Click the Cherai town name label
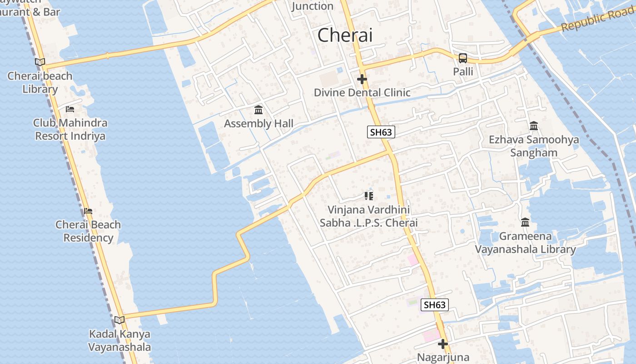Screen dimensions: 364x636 click(x=345, y=35)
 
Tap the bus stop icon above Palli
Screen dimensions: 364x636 click(x=462, y=58)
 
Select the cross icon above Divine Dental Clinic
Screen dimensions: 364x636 click(x=362, y=79)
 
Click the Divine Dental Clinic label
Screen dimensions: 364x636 click(x=362, y=92)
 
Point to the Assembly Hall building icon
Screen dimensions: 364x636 click(x=258, y=110)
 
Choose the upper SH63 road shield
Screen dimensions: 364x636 click(x=381, y=132)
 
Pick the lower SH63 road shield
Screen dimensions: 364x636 click(x=434, y=305)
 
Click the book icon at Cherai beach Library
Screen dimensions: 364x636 click(x=40, y=62)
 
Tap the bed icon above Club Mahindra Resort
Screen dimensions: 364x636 click(x=70, y=109)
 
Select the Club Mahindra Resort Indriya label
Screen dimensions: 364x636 click(x=70, y=129)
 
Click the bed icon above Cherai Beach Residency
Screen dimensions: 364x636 click(x=88, y=211)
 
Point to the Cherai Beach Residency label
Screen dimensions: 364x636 click(x=88, y=231)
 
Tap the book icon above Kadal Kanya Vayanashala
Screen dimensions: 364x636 click(x=119, y=320)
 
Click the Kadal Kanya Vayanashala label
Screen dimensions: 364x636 click(x=119, y=340)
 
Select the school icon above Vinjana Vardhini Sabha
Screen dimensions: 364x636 click(x=368, y=196)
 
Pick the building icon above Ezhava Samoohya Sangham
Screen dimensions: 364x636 click(x=534, y=126)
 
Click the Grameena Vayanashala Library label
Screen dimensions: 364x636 click(x=525, y=243)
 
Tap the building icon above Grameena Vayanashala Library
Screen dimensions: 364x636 click(x=525, y=222)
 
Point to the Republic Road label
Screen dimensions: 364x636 click(x=598, y=20)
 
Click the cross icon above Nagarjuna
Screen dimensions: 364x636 click(x=443, y=344)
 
